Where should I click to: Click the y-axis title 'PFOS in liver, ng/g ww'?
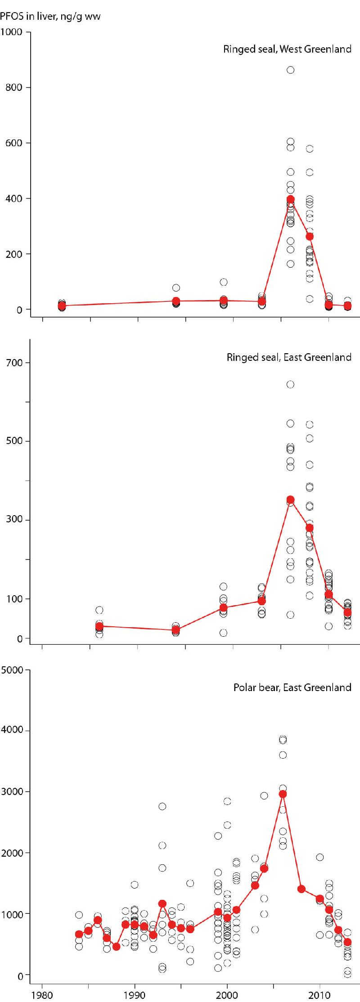50,17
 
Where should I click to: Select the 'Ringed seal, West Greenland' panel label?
287,49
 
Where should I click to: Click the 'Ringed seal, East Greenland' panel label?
289,357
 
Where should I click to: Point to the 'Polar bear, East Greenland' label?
292,687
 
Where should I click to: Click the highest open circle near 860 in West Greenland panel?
290,70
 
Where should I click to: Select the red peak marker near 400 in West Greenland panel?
290,199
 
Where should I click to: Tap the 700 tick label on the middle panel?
14,363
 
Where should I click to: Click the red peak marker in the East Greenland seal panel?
290,499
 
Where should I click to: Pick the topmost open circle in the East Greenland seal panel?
290,384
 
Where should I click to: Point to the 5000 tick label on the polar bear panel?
12,670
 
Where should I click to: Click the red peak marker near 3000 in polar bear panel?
283,794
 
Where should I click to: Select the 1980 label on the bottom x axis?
42,994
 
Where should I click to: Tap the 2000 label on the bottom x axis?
227,994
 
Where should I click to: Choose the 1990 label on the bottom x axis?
135,994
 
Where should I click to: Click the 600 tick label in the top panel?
14,143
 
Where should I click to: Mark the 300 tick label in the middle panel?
14,520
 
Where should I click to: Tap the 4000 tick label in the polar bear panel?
12,730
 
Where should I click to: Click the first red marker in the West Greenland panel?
62,306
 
